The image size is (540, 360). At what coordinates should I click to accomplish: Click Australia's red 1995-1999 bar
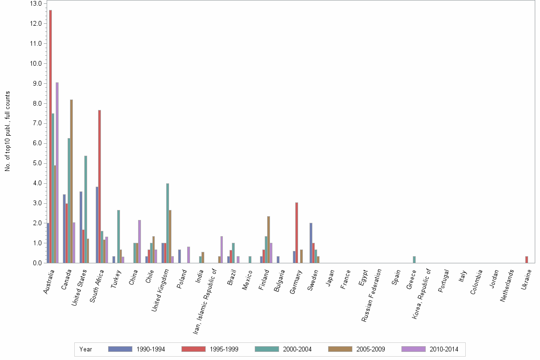[50, 136]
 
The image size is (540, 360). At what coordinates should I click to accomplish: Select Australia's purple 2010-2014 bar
[57, 172]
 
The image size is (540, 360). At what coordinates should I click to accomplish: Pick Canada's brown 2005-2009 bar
[71, 181]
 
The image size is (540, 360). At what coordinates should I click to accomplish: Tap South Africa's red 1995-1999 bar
[100, 186]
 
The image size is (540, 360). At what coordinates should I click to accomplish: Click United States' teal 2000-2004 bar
[86, 210]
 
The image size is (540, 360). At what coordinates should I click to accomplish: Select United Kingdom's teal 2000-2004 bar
[168, 223]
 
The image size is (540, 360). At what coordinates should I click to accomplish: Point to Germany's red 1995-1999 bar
[297, 233]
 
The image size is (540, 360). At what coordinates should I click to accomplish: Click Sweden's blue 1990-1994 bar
[310, 243]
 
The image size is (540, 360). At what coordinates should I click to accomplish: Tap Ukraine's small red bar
[527, 260]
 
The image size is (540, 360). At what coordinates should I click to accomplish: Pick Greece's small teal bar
[414, 260]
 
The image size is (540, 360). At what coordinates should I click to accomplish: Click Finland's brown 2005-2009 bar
[269, 240]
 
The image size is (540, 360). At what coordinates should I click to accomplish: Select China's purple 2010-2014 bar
[140, 241]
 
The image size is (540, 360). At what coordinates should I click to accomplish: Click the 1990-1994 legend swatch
[120, 349]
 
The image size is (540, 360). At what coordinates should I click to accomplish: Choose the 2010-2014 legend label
[444, 350]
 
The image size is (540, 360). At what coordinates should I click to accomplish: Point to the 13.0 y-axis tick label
[36, 3]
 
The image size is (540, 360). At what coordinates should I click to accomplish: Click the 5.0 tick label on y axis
[37, 163]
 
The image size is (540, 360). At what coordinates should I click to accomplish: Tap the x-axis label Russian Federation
[371, 295]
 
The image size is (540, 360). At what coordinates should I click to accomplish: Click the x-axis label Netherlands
[507, 286]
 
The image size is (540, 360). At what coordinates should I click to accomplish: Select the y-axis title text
[8, 131]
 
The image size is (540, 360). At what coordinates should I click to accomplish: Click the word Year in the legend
[86, 350]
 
